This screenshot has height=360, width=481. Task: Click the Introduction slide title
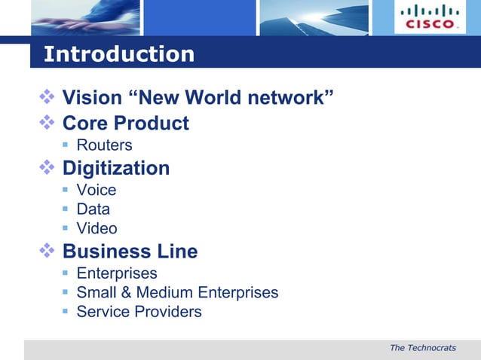point(119,54)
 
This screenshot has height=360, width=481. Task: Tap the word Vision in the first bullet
point(92,98)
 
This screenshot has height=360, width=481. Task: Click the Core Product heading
point(125,123)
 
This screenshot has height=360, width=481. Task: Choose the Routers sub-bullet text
point(104,145)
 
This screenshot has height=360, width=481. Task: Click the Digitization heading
point(115,168)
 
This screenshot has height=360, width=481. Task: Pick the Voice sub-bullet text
point(97,190)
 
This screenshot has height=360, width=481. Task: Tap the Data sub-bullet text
point(93,209)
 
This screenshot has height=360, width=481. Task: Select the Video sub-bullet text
point(97,228)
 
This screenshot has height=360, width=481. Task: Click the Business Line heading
point(130,252)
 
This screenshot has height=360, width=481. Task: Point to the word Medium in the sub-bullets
point(165,292)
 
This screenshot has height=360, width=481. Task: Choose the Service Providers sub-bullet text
point(139,311)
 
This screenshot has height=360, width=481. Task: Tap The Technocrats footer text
point(423,347)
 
